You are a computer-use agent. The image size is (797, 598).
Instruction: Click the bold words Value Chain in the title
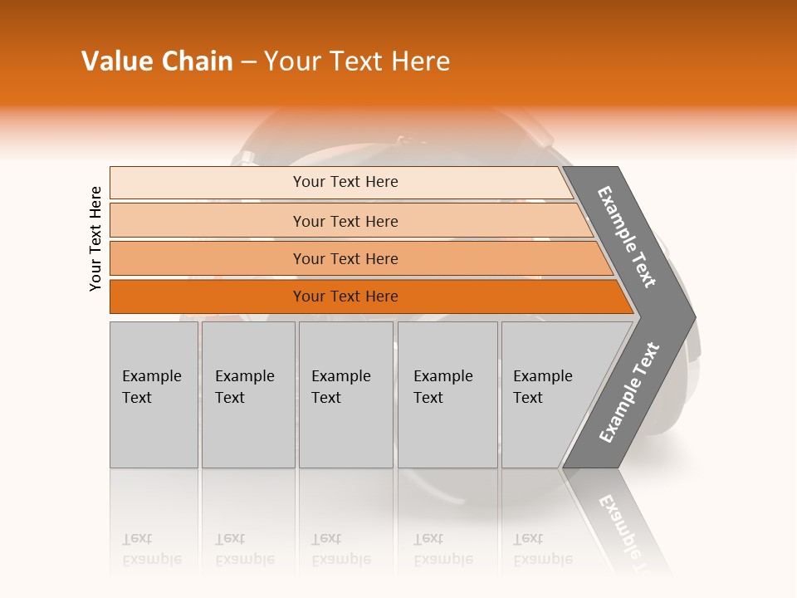coord(157,61)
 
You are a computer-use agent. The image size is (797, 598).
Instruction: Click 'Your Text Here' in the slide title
coord(357,61)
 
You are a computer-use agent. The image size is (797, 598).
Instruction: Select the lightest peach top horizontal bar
coord(208,183)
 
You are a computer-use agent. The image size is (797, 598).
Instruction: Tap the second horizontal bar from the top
coord(208,221)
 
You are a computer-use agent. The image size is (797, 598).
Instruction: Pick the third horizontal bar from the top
coord(208,258)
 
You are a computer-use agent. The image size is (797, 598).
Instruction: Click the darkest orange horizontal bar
coord(208,297)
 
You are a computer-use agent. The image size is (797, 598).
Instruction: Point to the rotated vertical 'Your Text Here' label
coord(95,238)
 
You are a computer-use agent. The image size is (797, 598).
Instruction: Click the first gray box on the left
coord(154,395)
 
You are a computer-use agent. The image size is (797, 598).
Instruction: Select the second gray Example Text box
coord(248,395)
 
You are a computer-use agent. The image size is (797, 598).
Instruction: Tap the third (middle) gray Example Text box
coord(345,395)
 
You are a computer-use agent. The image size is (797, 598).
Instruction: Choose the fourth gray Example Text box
coord(447,395)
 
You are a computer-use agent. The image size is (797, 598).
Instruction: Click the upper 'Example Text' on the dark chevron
coord(628,237)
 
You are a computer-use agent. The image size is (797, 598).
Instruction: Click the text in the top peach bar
coord(345,182)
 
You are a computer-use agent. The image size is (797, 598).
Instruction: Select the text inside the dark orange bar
coord(345,297)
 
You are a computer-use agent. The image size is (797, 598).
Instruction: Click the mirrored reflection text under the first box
coord(152,549)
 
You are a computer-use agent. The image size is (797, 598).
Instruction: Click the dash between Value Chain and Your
coord(248,62)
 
